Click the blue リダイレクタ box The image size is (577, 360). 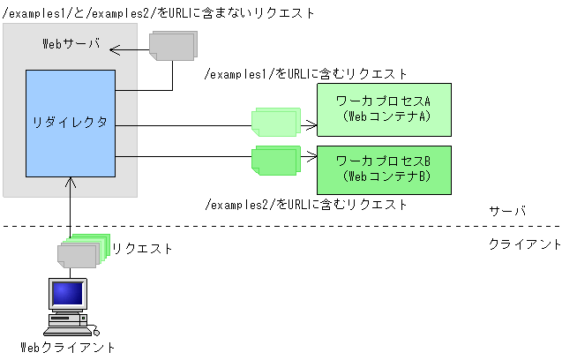coord(71,123)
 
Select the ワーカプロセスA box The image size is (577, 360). coord(384,109)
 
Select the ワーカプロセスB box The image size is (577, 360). coord(384,170)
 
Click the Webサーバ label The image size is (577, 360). coord(71,43)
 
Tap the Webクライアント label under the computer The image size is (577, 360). coord(68,348)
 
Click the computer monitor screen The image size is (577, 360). coord(67,294)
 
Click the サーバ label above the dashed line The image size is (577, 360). coord(507,212)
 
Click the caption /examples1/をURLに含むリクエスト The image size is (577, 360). coord(305,74)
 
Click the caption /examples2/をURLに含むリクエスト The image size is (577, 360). coord(305,205)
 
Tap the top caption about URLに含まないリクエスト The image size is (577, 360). coord(158,13)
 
